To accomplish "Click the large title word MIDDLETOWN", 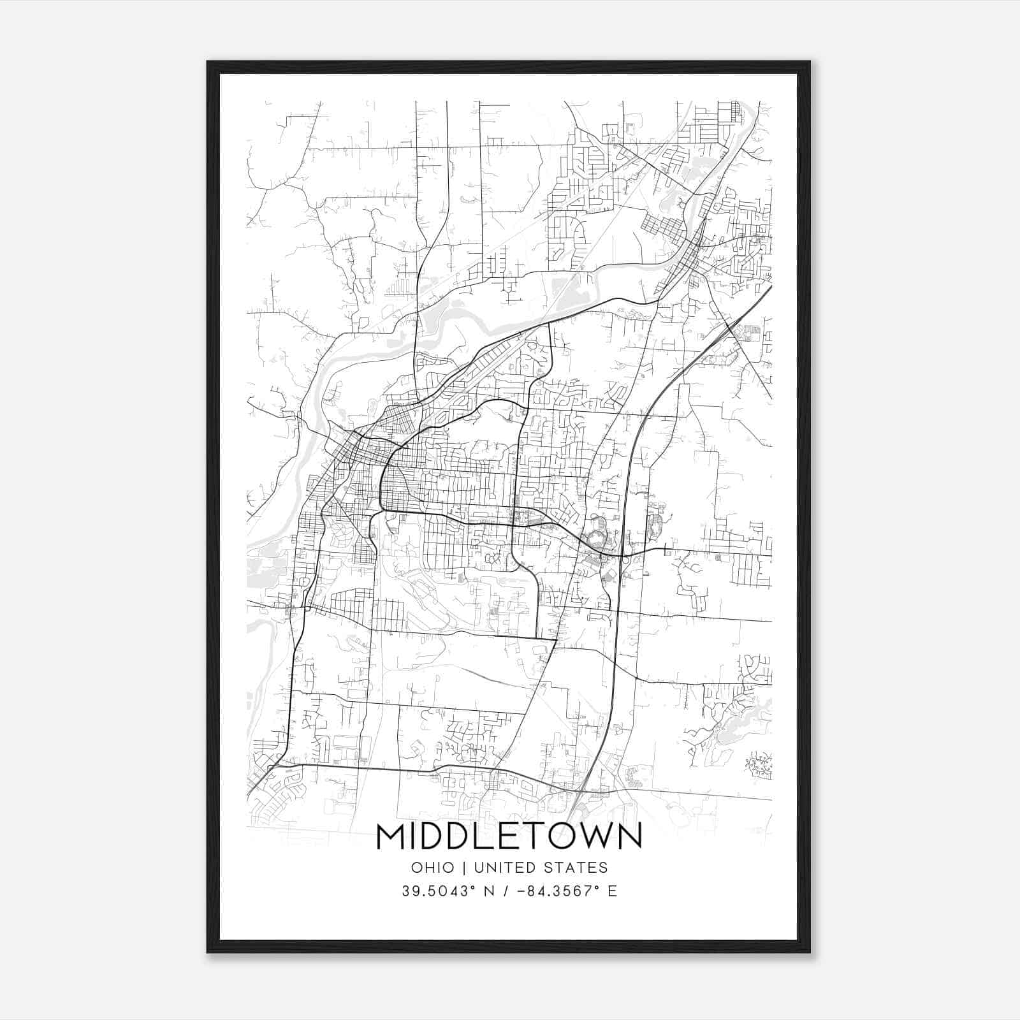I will click(x=509, y=836).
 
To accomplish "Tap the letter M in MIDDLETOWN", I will click(x=392, y=836).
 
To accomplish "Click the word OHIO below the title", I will click(x=433, y=868).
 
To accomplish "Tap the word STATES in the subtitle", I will click(x=578, y=868).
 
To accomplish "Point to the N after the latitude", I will click(x=490, y=891).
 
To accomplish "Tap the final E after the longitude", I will click(x=613, y=891).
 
